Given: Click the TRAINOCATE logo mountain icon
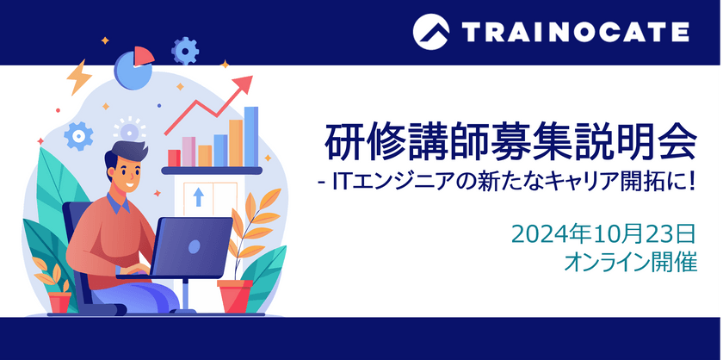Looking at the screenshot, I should (x=430, y=32).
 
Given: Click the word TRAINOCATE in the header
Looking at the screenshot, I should (x=575, y=33).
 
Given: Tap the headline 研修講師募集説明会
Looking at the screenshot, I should (x=510, y=142).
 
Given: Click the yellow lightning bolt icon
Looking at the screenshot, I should (x=79, y=77).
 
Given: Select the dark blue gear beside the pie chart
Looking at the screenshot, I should (x=185, y=50).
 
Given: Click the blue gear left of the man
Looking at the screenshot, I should (x=78, y=135).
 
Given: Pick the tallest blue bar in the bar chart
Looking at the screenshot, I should (x=251, y=136).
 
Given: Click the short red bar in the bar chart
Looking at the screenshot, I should (x=174, y=158).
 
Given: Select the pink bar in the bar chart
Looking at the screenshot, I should (x=188, y=152).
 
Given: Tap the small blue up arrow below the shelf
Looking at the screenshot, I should (x=199, y=196).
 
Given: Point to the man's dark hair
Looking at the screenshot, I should (x=120, y=157).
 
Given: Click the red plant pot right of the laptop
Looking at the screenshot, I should (x=235, y=295).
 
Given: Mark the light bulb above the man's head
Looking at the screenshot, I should (x=130, y=131).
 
